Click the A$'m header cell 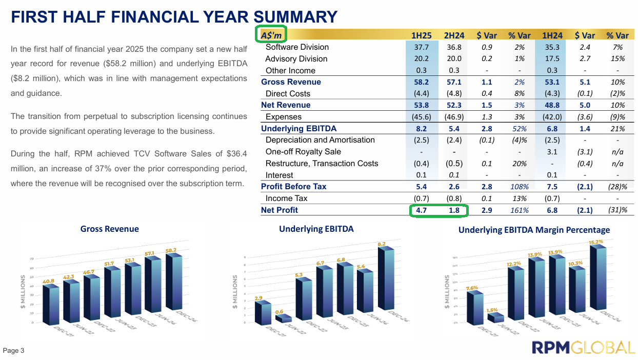pos(272,35)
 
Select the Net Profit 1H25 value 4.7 pos(421,210)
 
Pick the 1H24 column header pos(552,35)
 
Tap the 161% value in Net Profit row pos(519,210)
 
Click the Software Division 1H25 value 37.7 pos(421,47)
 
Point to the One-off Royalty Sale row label pos(303,152)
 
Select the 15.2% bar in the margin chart pos(597,277)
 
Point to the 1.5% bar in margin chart pos(495,318)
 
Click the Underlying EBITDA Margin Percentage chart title pos(534,230)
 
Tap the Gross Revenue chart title pos(109,229)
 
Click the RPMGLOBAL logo pos(583,347)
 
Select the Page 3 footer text pos(14,351)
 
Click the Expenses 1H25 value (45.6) pos(421,117)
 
